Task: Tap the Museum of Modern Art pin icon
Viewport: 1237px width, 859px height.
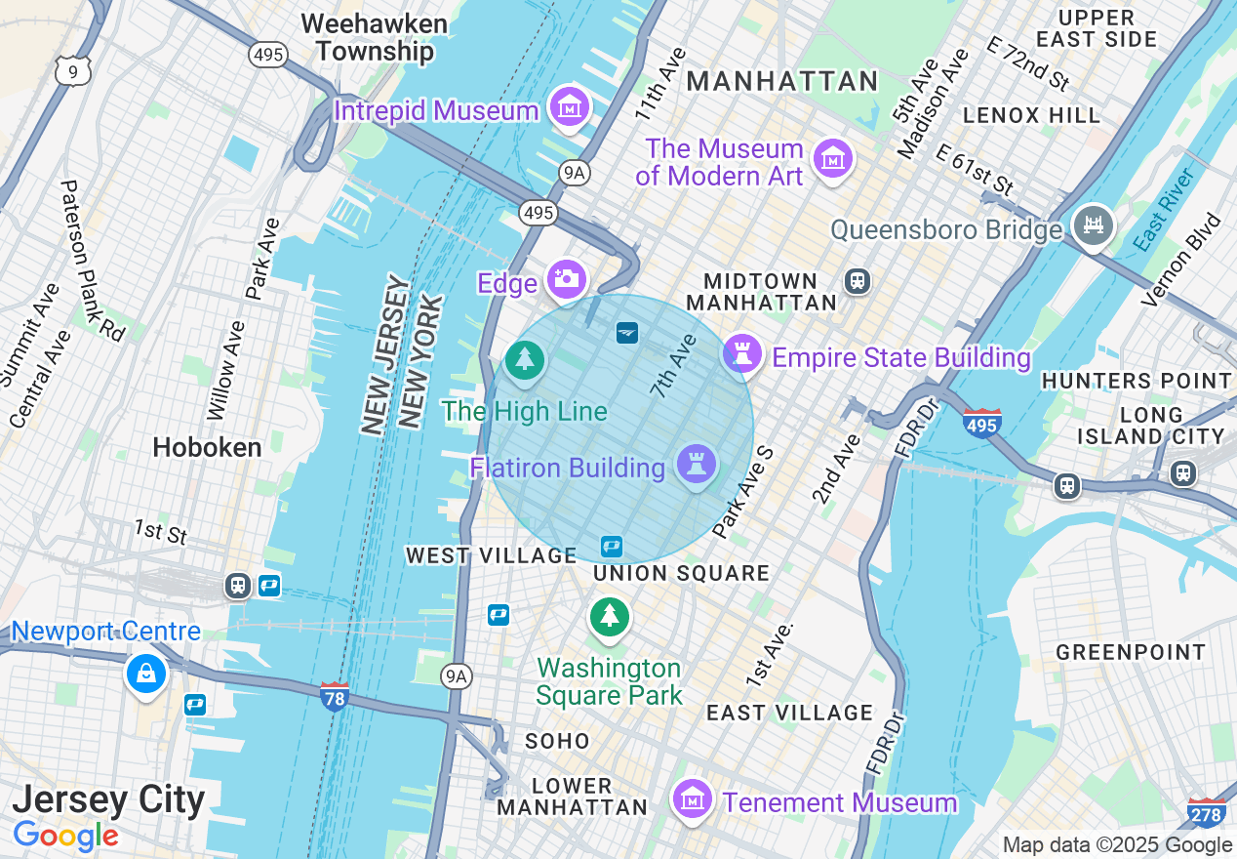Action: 833,159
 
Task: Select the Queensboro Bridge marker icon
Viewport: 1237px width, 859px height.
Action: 1094,225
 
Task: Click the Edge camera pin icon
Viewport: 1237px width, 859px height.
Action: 566,279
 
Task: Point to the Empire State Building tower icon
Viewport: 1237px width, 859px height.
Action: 742,353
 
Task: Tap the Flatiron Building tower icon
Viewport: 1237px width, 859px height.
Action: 697,464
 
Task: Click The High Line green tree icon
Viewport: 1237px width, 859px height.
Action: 525,359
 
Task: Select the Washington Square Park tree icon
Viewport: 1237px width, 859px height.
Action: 610,616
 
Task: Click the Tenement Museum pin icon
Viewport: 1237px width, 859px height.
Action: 693,798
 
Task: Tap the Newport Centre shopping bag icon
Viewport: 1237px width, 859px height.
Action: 145,674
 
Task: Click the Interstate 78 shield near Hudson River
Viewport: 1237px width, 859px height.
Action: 335,696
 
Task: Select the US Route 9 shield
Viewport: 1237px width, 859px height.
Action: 73,70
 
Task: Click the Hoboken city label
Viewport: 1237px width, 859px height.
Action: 207,447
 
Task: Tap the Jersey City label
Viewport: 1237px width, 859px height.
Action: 108,800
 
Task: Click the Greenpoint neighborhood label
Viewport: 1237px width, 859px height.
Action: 1131,651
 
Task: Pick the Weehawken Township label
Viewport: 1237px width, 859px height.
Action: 375,37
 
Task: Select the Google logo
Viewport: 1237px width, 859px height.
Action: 65,837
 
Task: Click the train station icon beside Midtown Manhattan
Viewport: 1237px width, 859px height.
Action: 858,281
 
